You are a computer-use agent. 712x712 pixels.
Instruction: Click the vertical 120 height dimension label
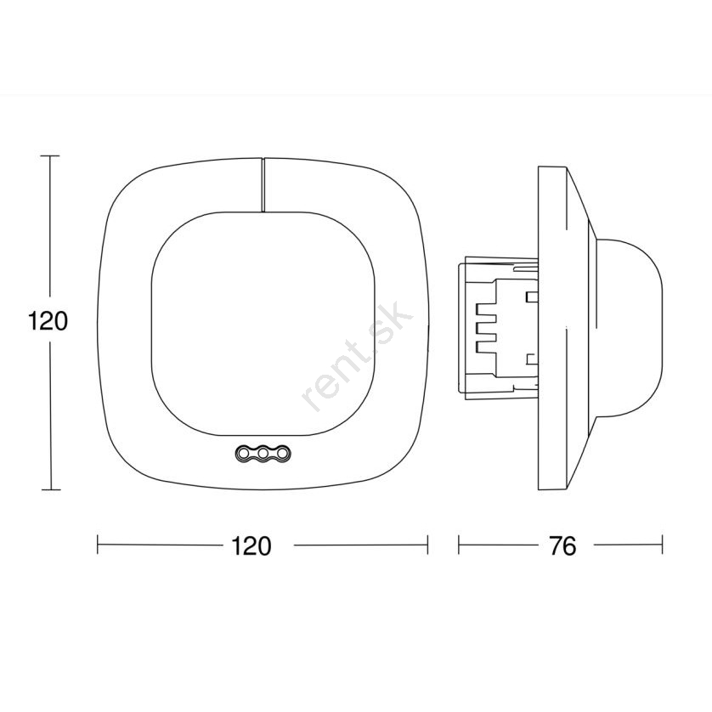[48, 321]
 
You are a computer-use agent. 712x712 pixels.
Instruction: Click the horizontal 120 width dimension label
[251, 545]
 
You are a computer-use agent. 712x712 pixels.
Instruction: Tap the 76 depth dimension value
[562, 545]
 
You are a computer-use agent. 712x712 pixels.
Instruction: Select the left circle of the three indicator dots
[243, 453]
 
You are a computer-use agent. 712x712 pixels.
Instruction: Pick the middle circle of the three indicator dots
[263, 453]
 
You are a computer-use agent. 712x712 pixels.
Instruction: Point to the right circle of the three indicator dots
[282, 453]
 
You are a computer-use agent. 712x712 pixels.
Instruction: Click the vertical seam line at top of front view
[263, 185]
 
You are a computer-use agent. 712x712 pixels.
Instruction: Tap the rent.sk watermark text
[358, 356]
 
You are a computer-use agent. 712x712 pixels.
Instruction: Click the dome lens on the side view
[629, 327]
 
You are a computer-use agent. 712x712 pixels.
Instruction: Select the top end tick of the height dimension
[50, 155]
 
